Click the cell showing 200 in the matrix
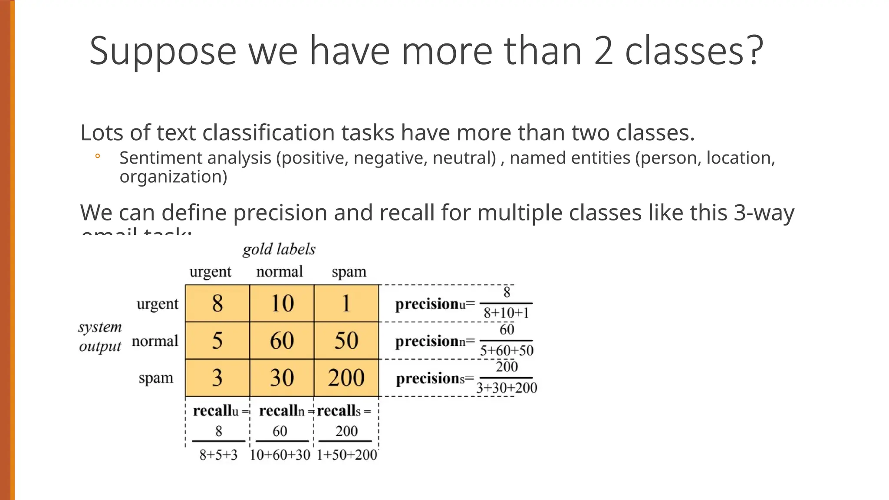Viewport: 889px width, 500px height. coord(346,378)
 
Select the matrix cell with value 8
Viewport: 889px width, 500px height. coord(217,303)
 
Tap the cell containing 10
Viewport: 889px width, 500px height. coord(282,303)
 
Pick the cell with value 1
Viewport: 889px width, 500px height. coord(346,303)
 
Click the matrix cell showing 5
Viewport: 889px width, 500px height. coord(217,340)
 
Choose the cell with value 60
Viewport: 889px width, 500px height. coord(282,340)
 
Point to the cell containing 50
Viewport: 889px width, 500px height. coord(346,340)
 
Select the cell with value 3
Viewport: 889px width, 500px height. coord(217,378)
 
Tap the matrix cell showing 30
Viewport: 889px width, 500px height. coord(282,378)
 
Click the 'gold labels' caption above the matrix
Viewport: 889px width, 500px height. coord(279,250)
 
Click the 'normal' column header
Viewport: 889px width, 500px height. coord(279,272)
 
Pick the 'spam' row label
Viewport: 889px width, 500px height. coord(156,378)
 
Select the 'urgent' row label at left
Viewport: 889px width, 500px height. coord(157,304)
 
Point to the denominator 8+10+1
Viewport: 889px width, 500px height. coord(506,313)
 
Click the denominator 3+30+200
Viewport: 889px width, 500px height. coord(507,388)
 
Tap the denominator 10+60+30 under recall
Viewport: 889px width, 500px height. coord(280,455)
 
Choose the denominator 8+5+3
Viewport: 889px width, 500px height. coord(218,455)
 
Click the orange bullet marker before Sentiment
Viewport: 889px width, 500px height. coord(98,156)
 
